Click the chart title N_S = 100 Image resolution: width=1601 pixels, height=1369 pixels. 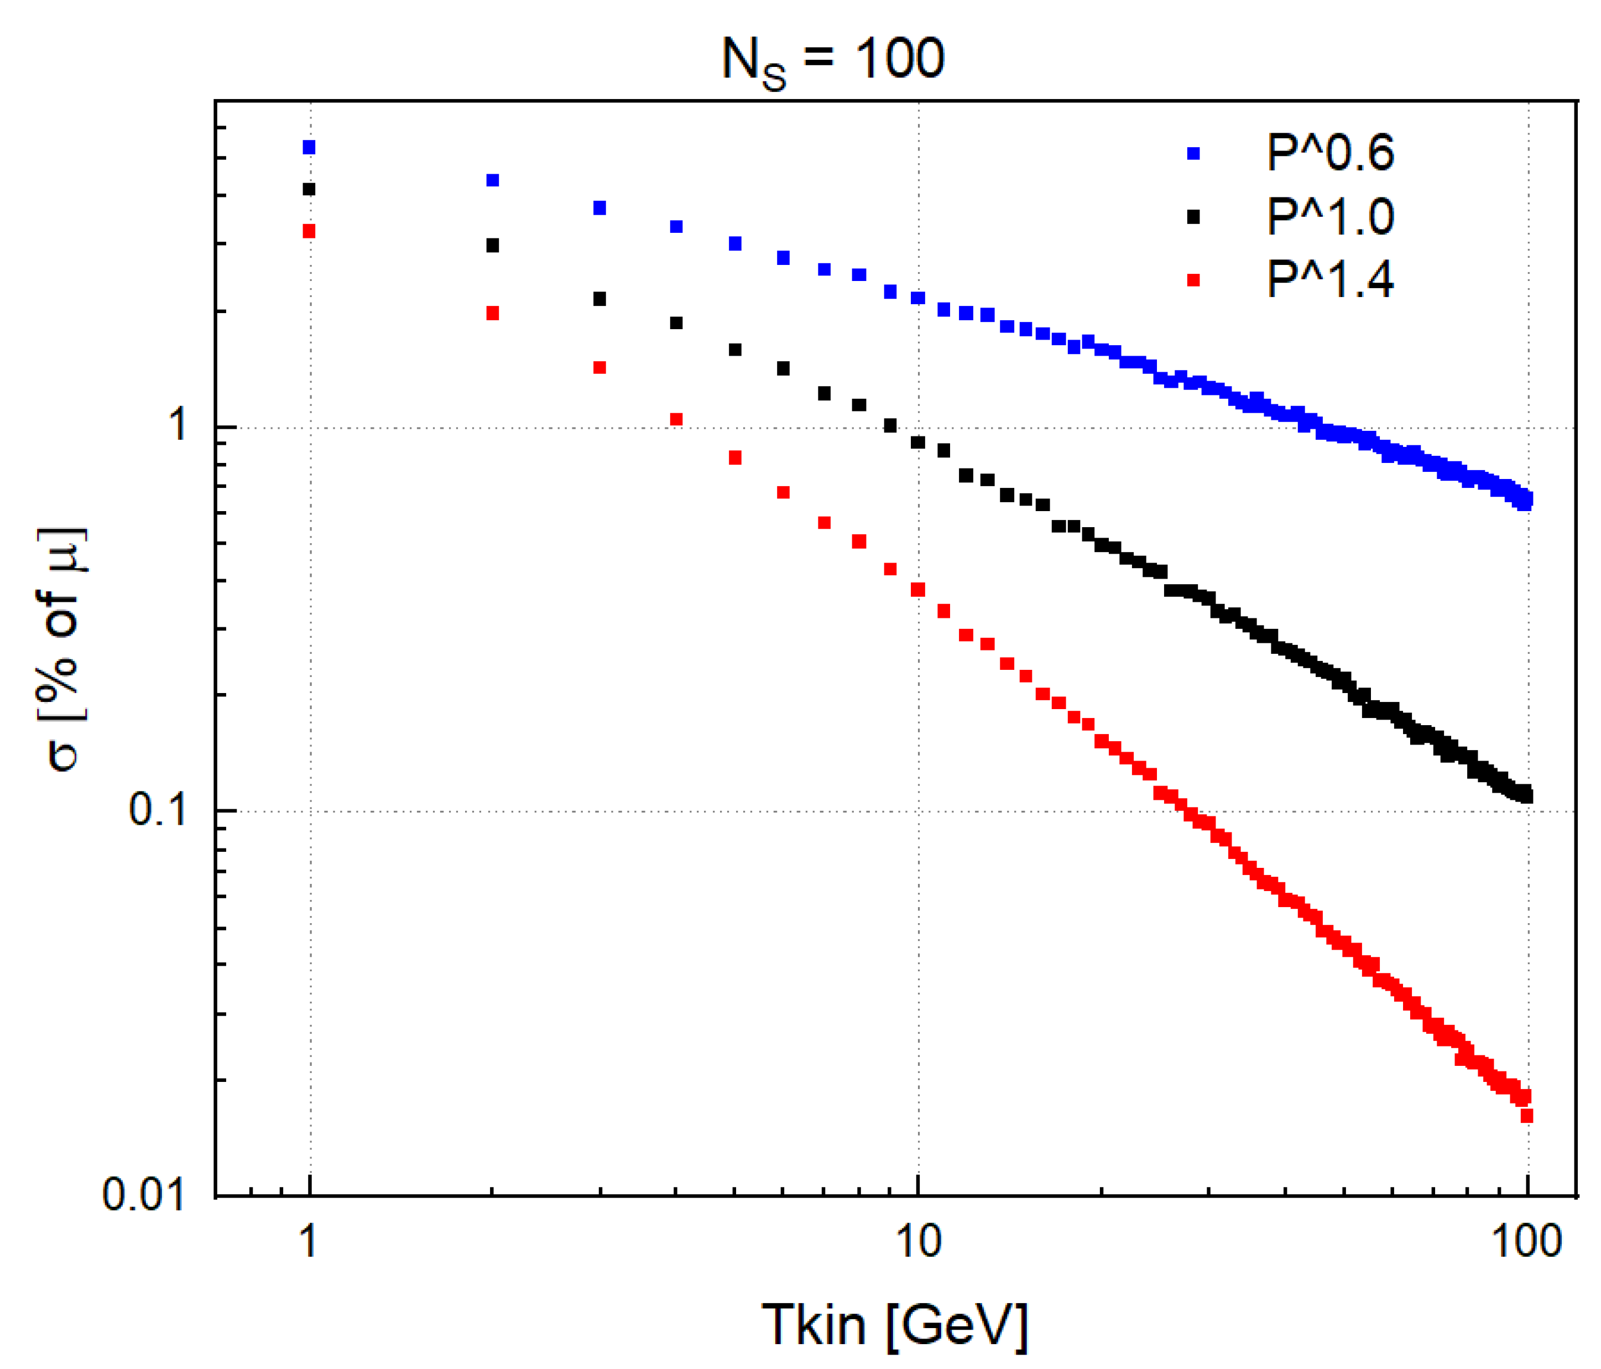[832, 60]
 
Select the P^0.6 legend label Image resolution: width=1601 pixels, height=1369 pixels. [1330, 153]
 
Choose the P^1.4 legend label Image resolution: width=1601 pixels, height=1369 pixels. [1330, 280]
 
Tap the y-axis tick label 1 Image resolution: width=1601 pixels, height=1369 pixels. [178, 426]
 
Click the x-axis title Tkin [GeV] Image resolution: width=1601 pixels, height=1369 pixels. [895, 1325]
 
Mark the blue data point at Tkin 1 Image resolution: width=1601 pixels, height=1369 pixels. [309, 148]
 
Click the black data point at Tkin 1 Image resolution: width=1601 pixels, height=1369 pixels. [309, 189]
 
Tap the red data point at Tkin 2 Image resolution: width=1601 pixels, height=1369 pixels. [492, 314]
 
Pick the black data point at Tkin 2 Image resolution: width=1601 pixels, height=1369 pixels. [492, 246]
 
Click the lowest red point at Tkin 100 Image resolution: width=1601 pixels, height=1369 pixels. [1526, 1116]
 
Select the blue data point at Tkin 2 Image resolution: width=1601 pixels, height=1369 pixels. [492, 181]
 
